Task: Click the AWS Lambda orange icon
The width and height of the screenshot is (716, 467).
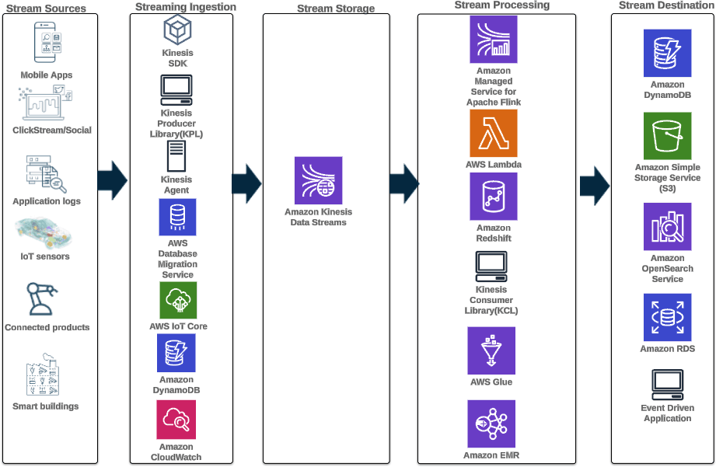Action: (493, 133)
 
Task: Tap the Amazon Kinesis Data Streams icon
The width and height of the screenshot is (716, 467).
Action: (318, 180)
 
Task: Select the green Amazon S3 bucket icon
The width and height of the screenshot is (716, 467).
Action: (667, 136)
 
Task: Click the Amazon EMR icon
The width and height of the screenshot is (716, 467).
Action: (491, 423)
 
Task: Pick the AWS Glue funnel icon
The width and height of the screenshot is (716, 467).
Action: (491, 350)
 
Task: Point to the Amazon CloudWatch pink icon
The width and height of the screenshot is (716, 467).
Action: (176, 420)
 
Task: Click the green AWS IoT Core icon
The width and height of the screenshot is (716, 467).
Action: (178, 300)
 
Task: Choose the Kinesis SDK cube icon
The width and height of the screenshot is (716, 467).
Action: (177, 30)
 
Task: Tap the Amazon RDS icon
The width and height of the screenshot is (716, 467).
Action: (667, 317)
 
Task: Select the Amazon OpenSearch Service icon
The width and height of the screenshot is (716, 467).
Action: (667, 226)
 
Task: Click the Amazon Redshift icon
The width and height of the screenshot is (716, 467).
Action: (493, 197)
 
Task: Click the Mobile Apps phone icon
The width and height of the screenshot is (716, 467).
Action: (47, 43)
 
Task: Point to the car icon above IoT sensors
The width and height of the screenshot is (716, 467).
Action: (44, 232)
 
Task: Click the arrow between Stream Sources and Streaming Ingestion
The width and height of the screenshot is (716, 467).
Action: (113, 180)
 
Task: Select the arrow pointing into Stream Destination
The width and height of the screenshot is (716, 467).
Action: (596, 186)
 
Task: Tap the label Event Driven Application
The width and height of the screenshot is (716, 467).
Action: (667, 413)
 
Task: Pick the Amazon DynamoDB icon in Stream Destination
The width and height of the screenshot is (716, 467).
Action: (667, 54)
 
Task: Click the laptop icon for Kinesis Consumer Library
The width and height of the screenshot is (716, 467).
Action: (491, 267)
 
